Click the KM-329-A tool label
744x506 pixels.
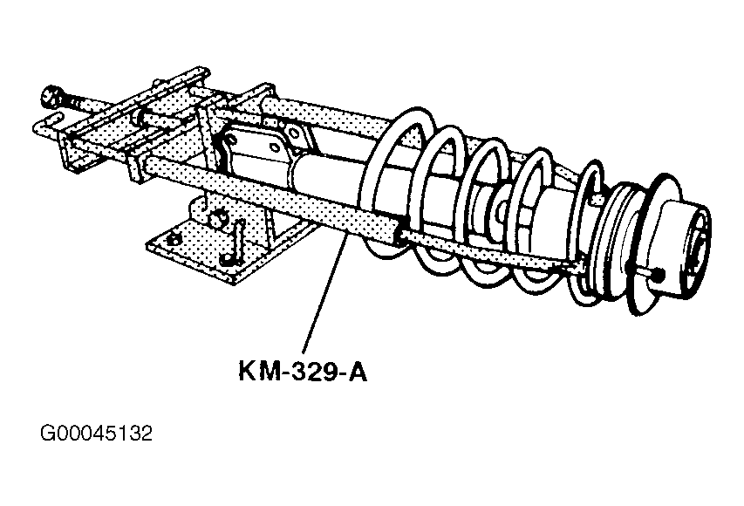303,371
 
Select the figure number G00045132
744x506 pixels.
96,433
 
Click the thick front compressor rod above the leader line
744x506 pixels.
270,201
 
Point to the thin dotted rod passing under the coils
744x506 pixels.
488,250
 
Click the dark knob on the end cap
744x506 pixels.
659,274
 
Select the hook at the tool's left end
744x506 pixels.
46,122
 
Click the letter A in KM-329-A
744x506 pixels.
358,371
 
